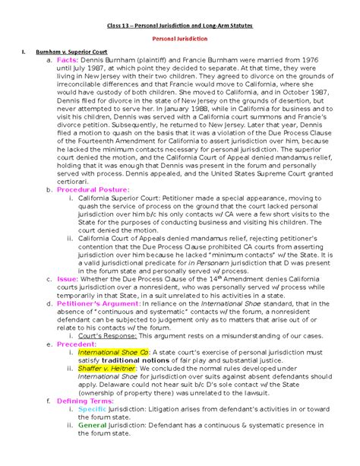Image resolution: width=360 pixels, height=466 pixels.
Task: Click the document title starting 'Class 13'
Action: pyautogui.click(x=180, y=25)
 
